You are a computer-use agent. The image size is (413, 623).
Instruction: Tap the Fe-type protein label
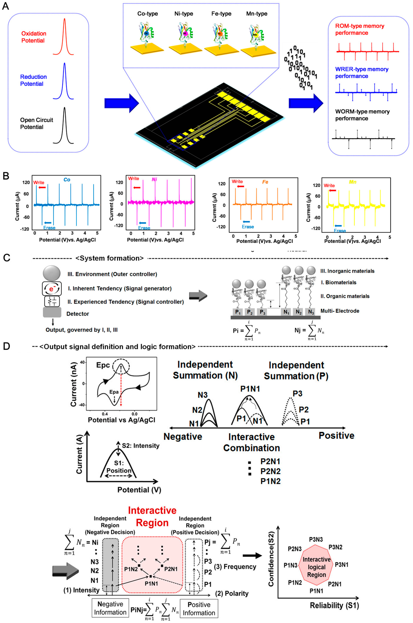221,14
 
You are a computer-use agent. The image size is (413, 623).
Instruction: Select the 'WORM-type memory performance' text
362,115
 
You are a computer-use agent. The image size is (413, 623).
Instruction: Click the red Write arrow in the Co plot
42,187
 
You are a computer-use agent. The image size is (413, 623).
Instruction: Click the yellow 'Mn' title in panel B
352,182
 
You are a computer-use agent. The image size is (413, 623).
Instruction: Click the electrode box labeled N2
298,312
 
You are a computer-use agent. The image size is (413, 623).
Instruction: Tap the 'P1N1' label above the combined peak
250,389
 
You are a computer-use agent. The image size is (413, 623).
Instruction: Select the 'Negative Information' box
110,608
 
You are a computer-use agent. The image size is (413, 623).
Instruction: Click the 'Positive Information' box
199,609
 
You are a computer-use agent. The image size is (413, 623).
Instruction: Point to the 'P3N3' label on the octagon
316,540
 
